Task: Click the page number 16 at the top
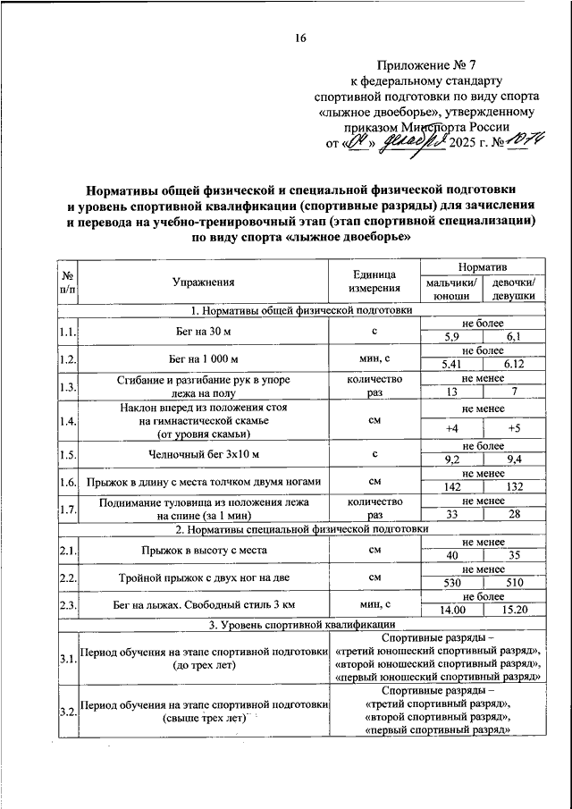(300, 38)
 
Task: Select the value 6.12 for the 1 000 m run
(513, 365)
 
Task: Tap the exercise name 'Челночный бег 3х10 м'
(204, 454)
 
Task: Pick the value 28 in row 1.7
(513, 516)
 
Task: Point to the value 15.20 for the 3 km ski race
(513, 611)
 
